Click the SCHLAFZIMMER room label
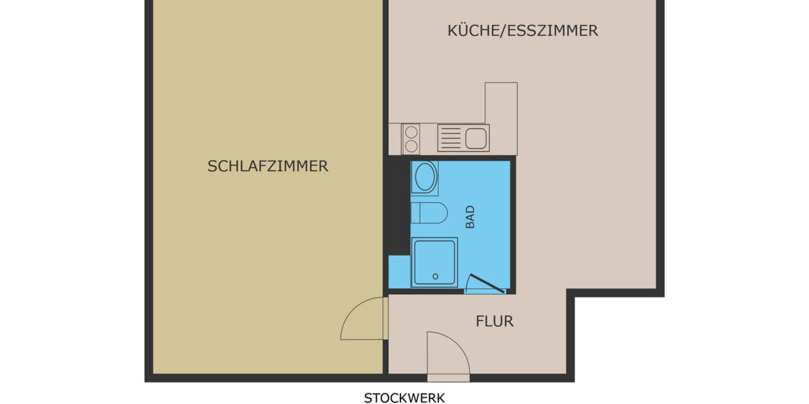[268, 166]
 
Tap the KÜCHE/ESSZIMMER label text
[522, 31]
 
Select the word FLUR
[494, 321]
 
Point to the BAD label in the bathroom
[470, 217]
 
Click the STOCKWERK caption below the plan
[404, 398]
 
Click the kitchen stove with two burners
[411, 138]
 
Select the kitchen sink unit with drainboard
[462, 138]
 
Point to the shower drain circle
[436, 276]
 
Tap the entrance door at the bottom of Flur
[448, 353]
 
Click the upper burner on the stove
[411, 131]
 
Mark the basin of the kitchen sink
[475, 138]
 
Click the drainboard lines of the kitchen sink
[450, 138]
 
